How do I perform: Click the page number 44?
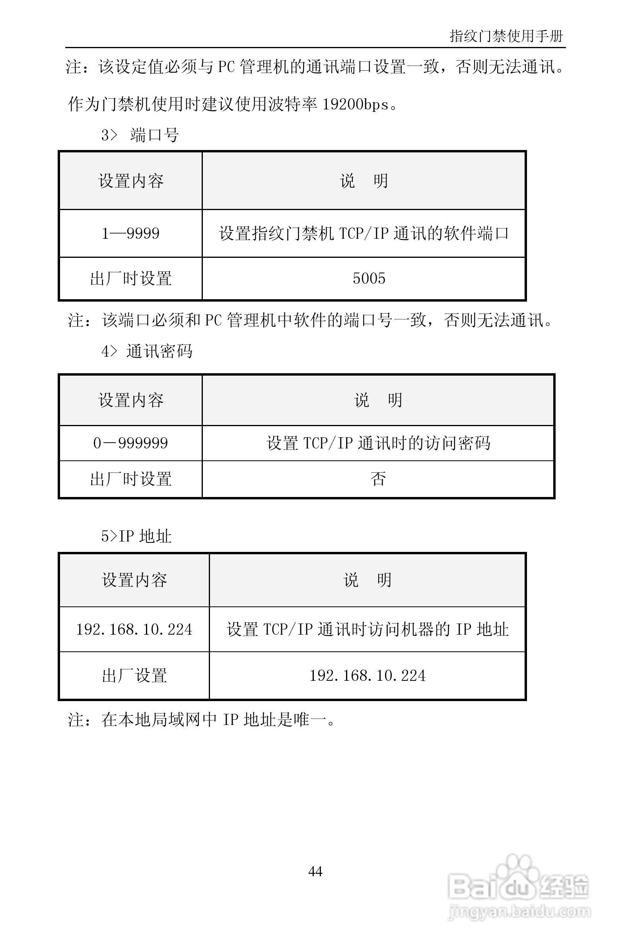315,871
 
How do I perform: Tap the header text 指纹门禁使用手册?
506,36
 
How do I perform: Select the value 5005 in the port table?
369,278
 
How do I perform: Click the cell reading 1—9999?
130,233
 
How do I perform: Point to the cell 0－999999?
130,443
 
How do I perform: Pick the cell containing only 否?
378,479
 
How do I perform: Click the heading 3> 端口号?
140,135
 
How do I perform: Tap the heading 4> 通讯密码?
147,351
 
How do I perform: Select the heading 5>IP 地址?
136,536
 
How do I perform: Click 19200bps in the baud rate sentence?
356,105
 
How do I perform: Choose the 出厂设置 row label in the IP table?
134,675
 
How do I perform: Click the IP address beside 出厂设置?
367,675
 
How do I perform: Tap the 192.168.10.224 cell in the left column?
134,629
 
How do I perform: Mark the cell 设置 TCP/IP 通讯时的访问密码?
378,443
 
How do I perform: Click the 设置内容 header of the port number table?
131,181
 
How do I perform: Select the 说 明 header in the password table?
378,400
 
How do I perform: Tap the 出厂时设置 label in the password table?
131,479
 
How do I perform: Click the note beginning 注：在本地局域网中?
201,719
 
